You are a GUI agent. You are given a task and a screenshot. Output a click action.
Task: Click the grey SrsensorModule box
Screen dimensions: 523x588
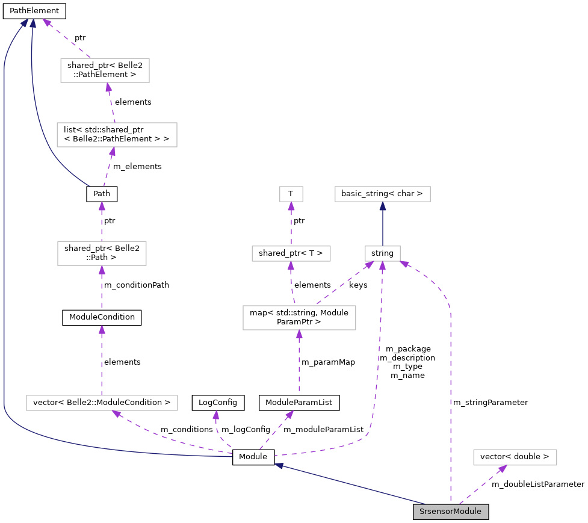[x=450, y=512]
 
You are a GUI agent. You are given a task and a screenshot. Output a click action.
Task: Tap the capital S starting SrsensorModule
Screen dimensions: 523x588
[x=422, y=512]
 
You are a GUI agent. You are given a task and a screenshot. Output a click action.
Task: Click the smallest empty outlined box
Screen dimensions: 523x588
[x=291, y=194]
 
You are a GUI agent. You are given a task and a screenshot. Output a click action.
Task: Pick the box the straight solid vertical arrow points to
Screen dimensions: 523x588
[x=383, y=194]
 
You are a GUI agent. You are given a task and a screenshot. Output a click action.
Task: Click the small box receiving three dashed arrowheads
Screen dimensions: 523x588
[x=383, y=253]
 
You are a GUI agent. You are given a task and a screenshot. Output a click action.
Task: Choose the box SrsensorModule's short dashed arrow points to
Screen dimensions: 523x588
[x=515, y=457]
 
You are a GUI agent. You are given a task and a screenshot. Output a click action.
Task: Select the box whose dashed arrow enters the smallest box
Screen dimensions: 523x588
[x=291, y=253]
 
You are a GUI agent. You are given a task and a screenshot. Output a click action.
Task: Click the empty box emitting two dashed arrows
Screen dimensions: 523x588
[x=299, y=318]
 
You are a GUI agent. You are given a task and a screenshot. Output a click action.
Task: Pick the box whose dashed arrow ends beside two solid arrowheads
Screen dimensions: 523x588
[x=105, y=70]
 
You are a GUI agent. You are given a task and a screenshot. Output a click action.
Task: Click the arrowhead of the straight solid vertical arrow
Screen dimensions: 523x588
[x=383, y=206]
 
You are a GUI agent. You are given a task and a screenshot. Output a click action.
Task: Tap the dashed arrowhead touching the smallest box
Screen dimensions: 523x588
[x=291, y=206]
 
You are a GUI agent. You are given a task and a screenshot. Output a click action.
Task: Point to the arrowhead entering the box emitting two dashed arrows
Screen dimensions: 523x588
[x=299, y=334]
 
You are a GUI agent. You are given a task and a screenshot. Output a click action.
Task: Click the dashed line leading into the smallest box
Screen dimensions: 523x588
[x=291, y=226]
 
